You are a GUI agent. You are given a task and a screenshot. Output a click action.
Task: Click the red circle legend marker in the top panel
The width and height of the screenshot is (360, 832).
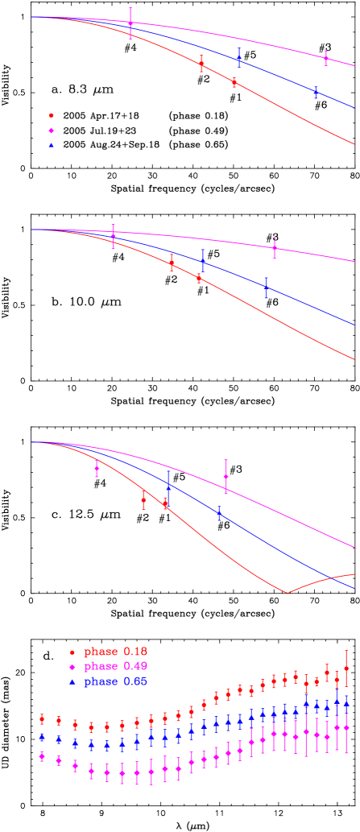tap(52, 115)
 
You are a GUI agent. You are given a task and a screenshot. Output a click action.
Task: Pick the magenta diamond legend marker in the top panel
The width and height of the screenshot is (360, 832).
tap(52, 130)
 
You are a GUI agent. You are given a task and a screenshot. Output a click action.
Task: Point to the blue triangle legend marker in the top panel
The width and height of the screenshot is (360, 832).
tap(52, 145)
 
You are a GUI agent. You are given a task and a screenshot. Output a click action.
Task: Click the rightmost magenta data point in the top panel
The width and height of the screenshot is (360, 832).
tap(325, 57)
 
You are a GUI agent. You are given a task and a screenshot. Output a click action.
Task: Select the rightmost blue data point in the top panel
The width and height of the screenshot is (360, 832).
tap(316, 93)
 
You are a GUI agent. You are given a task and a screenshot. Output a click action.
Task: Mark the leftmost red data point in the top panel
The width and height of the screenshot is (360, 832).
tap(201, 64)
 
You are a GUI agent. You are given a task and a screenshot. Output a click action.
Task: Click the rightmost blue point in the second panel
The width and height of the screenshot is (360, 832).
tap(266, 288)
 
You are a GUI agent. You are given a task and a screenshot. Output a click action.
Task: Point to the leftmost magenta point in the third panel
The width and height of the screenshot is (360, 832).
tap(97, 467)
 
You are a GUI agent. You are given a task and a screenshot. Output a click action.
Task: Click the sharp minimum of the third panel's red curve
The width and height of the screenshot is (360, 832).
tap(288, 592)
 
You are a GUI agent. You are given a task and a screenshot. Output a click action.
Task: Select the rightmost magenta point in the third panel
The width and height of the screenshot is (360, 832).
tap(226, 476)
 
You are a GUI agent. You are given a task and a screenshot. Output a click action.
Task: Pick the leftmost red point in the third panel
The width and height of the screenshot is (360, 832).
tap(143, 499)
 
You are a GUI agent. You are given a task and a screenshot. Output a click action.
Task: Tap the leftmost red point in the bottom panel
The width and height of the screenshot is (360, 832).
tap(42, 718)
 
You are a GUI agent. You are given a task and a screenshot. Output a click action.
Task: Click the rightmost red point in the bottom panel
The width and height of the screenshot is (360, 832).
tap(346, 668)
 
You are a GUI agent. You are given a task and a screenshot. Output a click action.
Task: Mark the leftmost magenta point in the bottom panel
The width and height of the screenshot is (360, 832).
tap(42, 755)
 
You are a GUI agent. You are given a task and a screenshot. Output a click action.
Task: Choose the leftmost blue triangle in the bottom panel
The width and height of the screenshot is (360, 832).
tap(42, 737)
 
